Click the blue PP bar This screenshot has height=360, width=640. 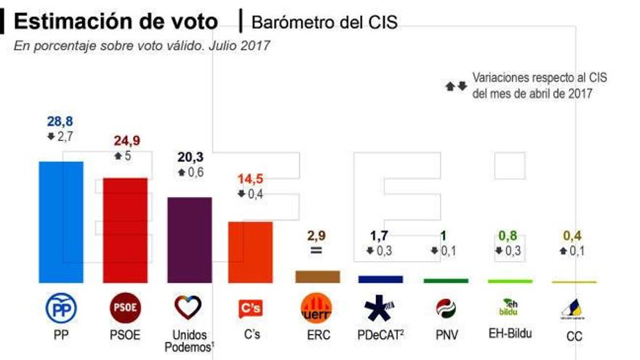pos(60,222)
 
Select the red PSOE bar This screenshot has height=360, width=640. pos(125,230)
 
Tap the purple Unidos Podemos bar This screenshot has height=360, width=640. pos(189,239)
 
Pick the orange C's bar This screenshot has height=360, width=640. pos(250,252)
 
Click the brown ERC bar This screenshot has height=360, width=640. pos(317,276)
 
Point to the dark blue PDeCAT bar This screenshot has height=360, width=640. pos(380,279)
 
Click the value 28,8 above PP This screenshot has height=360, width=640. pos(59,121)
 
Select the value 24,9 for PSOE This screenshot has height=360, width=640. pos(126,140)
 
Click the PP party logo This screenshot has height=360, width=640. pos(61,309)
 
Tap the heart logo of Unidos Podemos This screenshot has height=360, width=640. pos(188,308)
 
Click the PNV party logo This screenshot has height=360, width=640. pos(445,308)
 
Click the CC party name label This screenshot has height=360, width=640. pos(574,337)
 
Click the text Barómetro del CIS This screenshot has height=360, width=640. pos(324,23)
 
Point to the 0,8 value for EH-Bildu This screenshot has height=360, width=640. pos(509,235)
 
